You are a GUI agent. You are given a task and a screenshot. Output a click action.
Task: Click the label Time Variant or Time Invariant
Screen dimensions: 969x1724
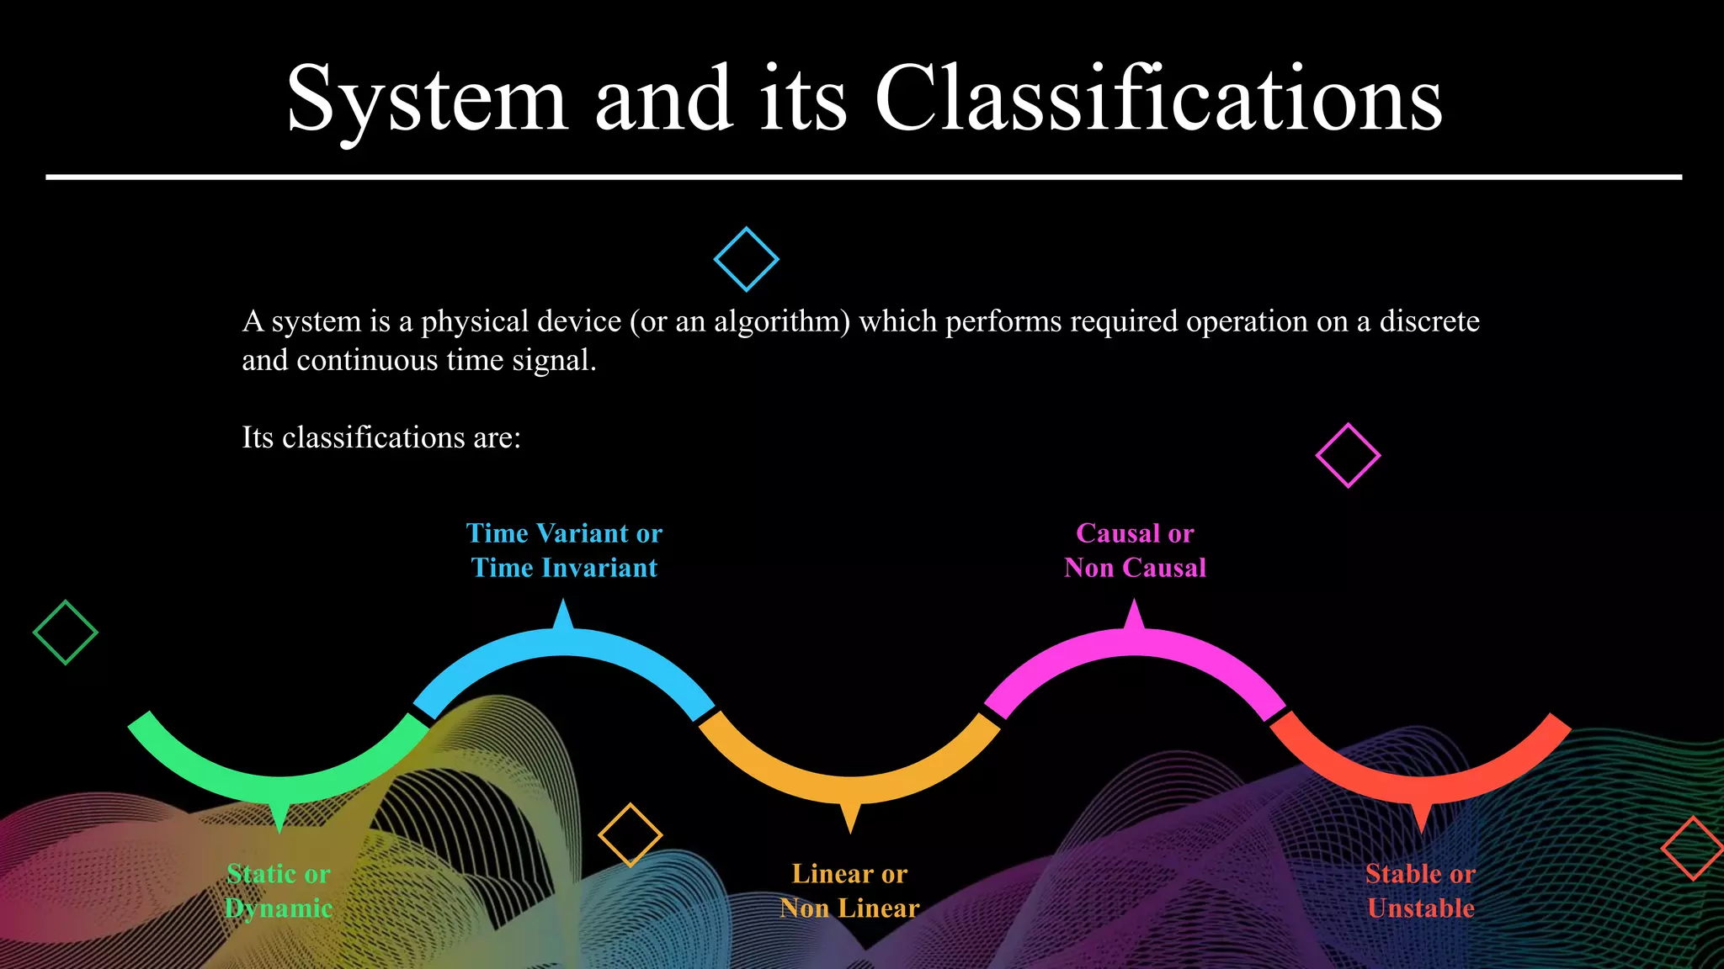click(564, 550)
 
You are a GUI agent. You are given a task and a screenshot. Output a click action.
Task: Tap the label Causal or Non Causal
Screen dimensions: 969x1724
click(1135, 550)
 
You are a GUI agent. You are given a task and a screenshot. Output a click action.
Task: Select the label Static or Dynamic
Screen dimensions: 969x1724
click(279, 891)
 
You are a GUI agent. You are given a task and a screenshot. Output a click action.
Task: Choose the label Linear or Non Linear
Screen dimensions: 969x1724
click(849, 891)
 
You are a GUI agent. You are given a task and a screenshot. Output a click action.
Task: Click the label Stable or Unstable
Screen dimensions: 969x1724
click(1420, 891)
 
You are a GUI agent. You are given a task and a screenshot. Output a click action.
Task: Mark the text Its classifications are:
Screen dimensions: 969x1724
click(381, 437)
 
